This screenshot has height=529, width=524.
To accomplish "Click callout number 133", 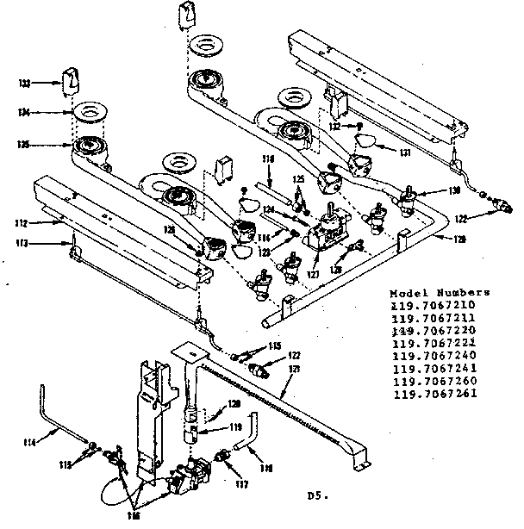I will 25,84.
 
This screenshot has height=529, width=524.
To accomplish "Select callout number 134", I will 25,112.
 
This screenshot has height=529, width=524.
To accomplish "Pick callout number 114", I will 30,444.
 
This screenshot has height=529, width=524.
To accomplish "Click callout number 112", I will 19,225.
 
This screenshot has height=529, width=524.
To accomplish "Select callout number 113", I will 19,245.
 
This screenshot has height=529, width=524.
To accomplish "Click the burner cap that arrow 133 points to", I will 70,84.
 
